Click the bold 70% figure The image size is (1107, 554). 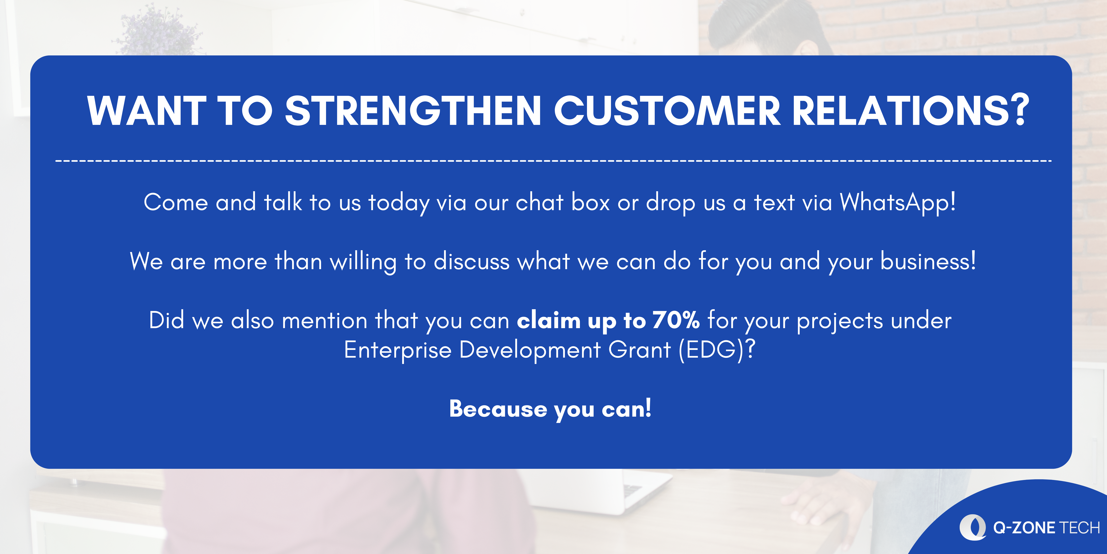676,320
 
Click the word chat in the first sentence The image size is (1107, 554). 539,202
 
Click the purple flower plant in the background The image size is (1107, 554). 157,30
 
